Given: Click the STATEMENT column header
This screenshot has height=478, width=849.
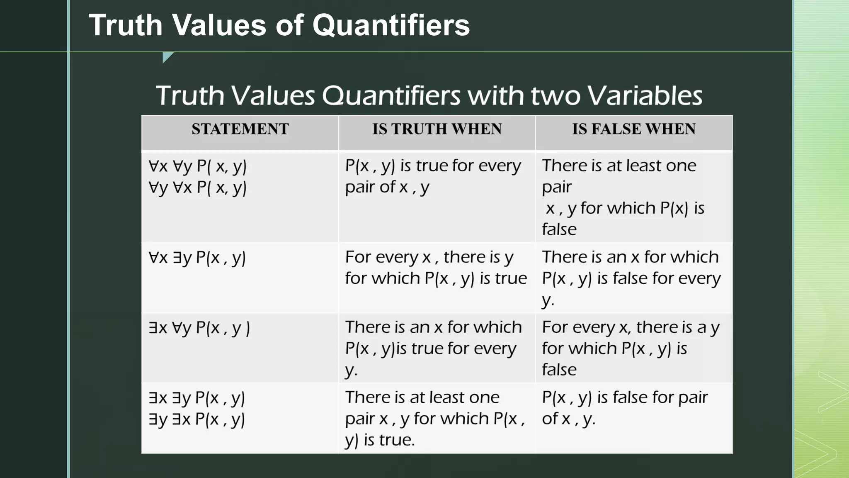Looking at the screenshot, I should point(240,129).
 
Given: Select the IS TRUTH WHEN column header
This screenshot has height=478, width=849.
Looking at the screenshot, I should point(437,129).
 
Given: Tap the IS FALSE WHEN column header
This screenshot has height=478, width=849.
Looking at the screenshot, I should point(634,129).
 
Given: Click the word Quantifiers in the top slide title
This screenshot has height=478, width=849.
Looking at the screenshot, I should point(391,25).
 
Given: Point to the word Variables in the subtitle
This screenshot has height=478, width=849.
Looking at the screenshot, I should point(645,96).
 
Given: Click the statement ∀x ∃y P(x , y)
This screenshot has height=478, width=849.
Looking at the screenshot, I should point(197,258).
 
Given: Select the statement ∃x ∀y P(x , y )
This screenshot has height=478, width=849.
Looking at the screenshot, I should point(199,328).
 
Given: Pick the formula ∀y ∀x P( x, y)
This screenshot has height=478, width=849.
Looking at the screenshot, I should point(198,188).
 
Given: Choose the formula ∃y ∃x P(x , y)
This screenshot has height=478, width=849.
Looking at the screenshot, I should point(197,419).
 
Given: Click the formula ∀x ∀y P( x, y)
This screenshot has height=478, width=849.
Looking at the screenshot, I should point(198,166).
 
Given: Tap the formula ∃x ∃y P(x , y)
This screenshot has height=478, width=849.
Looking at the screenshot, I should point(197,398).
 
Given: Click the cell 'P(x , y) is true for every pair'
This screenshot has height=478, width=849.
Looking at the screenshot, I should point(433,176).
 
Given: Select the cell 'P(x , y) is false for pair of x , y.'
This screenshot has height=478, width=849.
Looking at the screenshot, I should point(624,408).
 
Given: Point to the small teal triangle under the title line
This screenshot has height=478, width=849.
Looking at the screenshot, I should point(167,56).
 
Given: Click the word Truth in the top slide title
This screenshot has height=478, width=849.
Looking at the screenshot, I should point(125,25).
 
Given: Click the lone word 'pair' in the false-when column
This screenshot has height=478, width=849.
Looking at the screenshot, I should point(557,187).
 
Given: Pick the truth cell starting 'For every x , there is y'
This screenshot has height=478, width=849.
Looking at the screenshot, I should point(436,268).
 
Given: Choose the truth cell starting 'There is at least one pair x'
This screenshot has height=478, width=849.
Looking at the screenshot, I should point(434,418).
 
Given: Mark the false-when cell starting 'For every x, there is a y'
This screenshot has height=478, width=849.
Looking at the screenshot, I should point(630,348).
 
